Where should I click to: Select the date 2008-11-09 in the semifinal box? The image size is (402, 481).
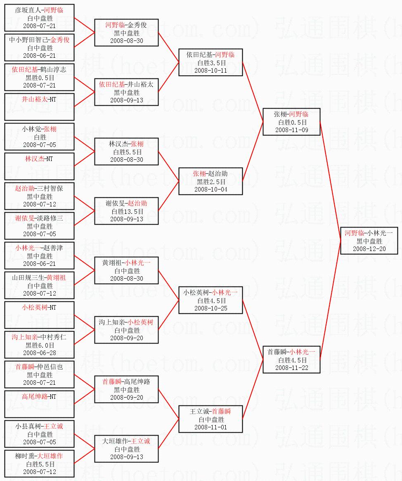[292, 130]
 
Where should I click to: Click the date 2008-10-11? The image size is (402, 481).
[210, 70]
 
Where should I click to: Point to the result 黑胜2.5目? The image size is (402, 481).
[211, 182]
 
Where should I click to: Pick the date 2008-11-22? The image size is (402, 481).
[292, 368]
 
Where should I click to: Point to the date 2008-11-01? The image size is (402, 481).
[210, 427]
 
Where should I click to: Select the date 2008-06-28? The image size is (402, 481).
[40, 353]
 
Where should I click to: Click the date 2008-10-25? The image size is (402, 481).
[210, 308]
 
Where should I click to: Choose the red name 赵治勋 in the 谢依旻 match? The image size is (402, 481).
[137, 204]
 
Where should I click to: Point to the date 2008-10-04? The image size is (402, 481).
[210, 190]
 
